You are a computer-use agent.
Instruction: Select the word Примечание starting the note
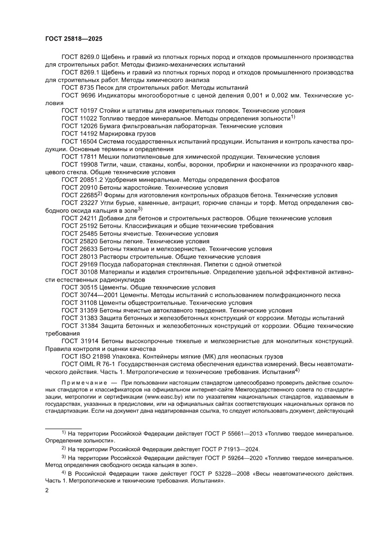(x=82, y=384)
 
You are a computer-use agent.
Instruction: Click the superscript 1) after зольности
(x=293, y=117)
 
